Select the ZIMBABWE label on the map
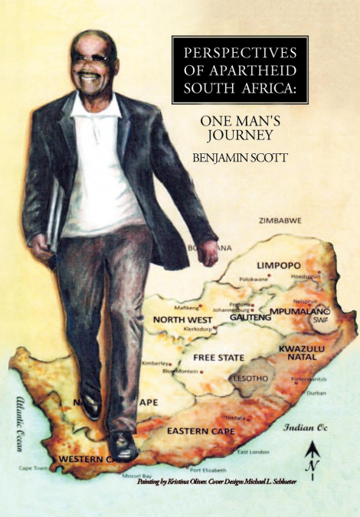tap(280, 220)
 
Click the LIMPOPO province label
tap(280, 264)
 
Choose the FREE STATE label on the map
tap(219, 358)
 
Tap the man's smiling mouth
tap(90, 77)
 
